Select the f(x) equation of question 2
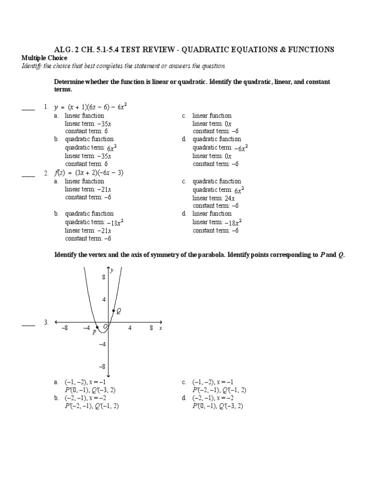89,173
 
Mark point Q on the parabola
113,311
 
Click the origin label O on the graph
105,327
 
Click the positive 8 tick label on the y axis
103,277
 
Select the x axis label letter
160,328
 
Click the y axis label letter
112,271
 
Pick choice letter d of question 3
184,398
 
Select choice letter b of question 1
56,139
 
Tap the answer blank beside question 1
28,110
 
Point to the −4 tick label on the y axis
102,344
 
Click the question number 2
46,173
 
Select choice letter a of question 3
56,382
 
